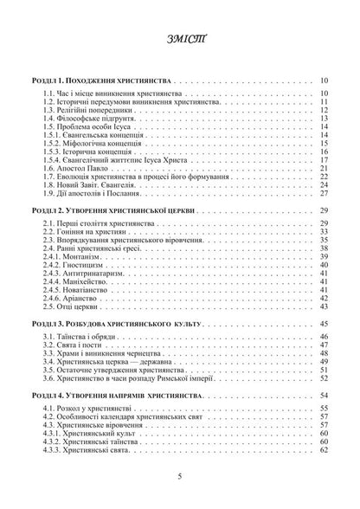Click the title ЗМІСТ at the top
click(179, 42)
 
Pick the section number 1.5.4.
click(59, 159)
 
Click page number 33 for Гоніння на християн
click(322, 232)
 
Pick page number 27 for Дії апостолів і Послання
click(322, 192)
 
